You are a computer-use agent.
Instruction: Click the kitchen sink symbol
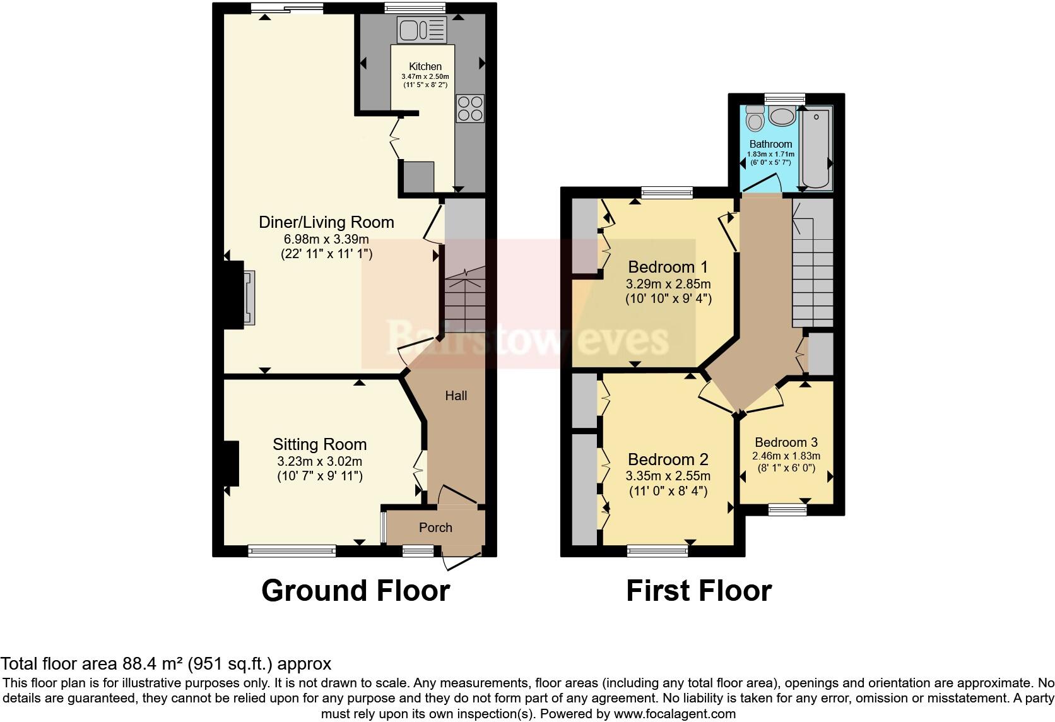(421, 30)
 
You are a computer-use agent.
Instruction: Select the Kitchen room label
(425, 66)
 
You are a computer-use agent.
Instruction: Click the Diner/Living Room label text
(326, 222)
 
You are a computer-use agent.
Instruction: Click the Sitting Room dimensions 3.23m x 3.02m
(319, 461)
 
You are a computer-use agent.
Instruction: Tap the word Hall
(456, 396)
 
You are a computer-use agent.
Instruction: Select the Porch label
(435, 528)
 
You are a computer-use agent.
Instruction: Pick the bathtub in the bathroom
(816, 148)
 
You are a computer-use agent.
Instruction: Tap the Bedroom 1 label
(668, 267)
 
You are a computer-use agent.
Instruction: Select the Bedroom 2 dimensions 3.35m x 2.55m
(668, 476)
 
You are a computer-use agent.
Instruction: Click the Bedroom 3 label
(786, 442)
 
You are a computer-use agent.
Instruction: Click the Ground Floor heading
(355, 591)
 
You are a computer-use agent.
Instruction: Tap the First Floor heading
(698, 591)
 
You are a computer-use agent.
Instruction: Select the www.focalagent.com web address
(674, 714)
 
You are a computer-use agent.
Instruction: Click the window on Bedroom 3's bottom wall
(787, 509)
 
